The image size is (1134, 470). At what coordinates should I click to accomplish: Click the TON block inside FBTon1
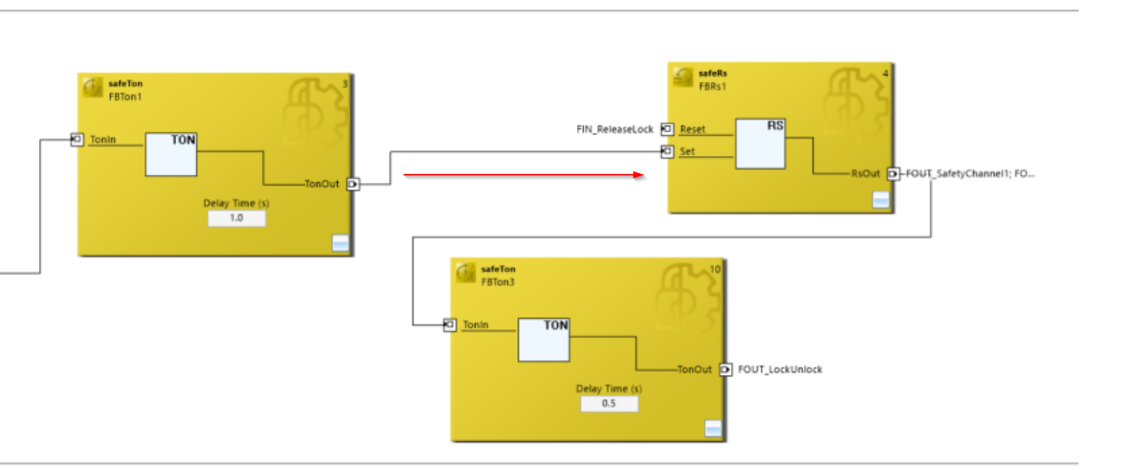coord(170,154)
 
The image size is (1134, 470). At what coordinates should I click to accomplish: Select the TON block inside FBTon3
coord(544,340)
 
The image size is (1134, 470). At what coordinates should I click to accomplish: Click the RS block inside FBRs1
coord(761,144)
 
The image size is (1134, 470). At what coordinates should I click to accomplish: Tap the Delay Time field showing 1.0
coord(236,217)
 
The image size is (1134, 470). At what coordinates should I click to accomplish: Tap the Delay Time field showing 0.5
coord(610,404)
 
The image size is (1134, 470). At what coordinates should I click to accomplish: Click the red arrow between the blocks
coord(523,174)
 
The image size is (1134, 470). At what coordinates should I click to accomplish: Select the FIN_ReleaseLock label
coord(614,129)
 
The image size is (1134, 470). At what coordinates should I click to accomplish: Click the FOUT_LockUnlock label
coord(780,369)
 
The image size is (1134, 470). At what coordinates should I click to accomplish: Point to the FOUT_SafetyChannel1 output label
coord(969,173)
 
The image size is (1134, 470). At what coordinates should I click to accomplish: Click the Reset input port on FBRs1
coord(668,129)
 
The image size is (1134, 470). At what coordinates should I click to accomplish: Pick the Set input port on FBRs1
coord(668,151)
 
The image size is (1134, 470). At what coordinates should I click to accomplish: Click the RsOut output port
coord(894,173)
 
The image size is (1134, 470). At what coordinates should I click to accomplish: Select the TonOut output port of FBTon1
coord(353,185)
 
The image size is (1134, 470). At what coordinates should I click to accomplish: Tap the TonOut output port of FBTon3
coord(725,369)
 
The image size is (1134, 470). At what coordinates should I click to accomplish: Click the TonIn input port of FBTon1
coord(78,140)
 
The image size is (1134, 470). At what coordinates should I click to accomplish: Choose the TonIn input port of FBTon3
coord(450,325)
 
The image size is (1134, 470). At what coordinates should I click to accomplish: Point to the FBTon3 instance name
coord(499,282)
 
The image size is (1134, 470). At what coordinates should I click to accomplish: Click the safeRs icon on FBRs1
coord(682,78)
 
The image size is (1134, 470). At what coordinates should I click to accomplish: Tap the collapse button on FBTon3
coord(713,429)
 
